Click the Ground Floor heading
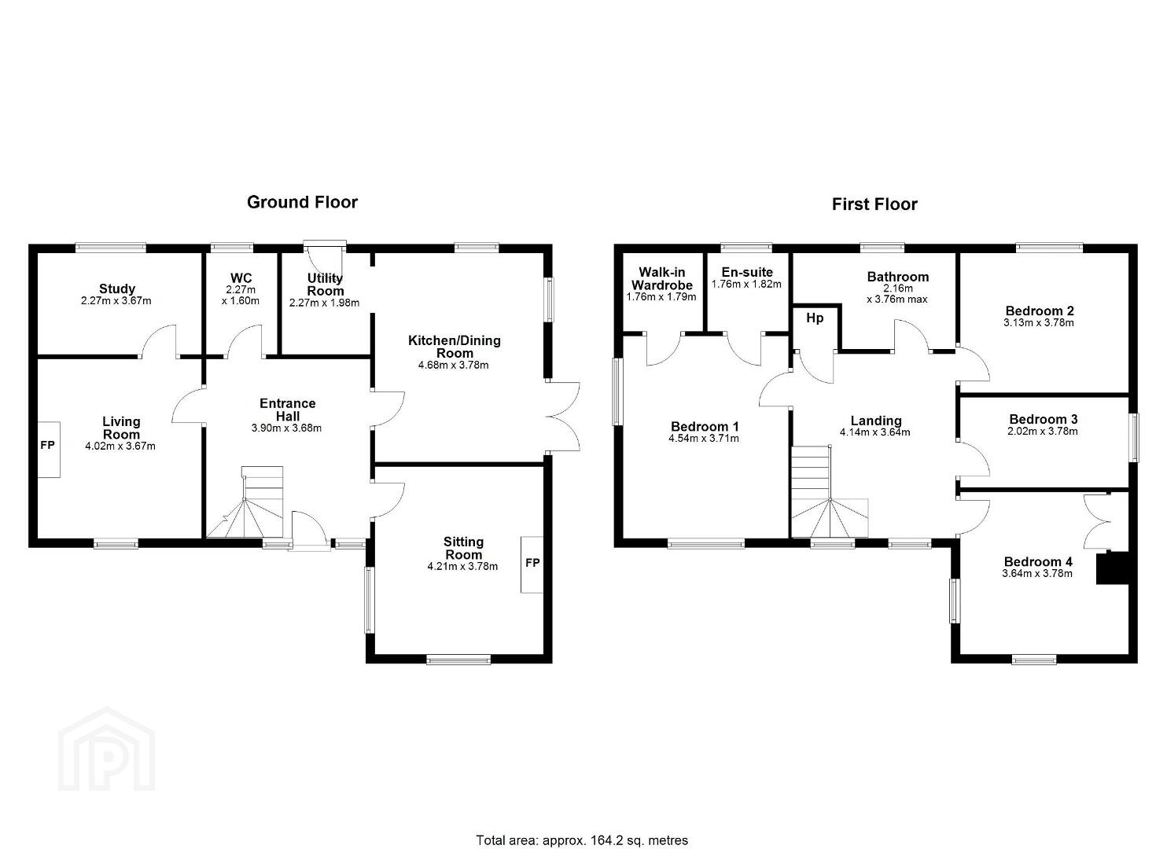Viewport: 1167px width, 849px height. click(x=302, y=202)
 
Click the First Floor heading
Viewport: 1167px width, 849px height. click(x=874, y=204)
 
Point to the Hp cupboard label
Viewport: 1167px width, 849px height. click(x=815, y=318)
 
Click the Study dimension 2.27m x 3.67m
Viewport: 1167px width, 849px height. click(x=116, y=301)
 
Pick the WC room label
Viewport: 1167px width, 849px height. click(x=241, y=277)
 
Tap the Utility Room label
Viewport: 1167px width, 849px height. click(x=325, y=285)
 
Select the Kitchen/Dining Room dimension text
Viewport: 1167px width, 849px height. click(x=453, y=365)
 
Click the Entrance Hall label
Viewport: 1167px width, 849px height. click(x=288, y=410)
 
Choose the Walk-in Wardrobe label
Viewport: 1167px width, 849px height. click(x=662, y=278)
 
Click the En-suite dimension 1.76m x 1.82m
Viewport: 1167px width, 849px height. click(x=746, y=285)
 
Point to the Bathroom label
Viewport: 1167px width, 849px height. click(x=897, y=277)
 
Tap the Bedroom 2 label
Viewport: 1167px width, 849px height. click(x=1040, y=311)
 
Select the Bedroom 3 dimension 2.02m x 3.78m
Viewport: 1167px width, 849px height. click(x=1043, y=432)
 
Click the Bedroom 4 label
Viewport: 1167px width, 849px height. click(x=1038, y=561)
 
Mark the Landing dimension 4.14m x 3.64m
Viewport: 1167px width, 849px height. click(x=875, y=432)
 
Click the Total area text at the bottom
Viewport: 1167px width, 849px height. click(x=582, y=825)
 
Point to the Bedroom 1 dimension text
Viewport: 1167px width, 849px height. click(x=704, y=439)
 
